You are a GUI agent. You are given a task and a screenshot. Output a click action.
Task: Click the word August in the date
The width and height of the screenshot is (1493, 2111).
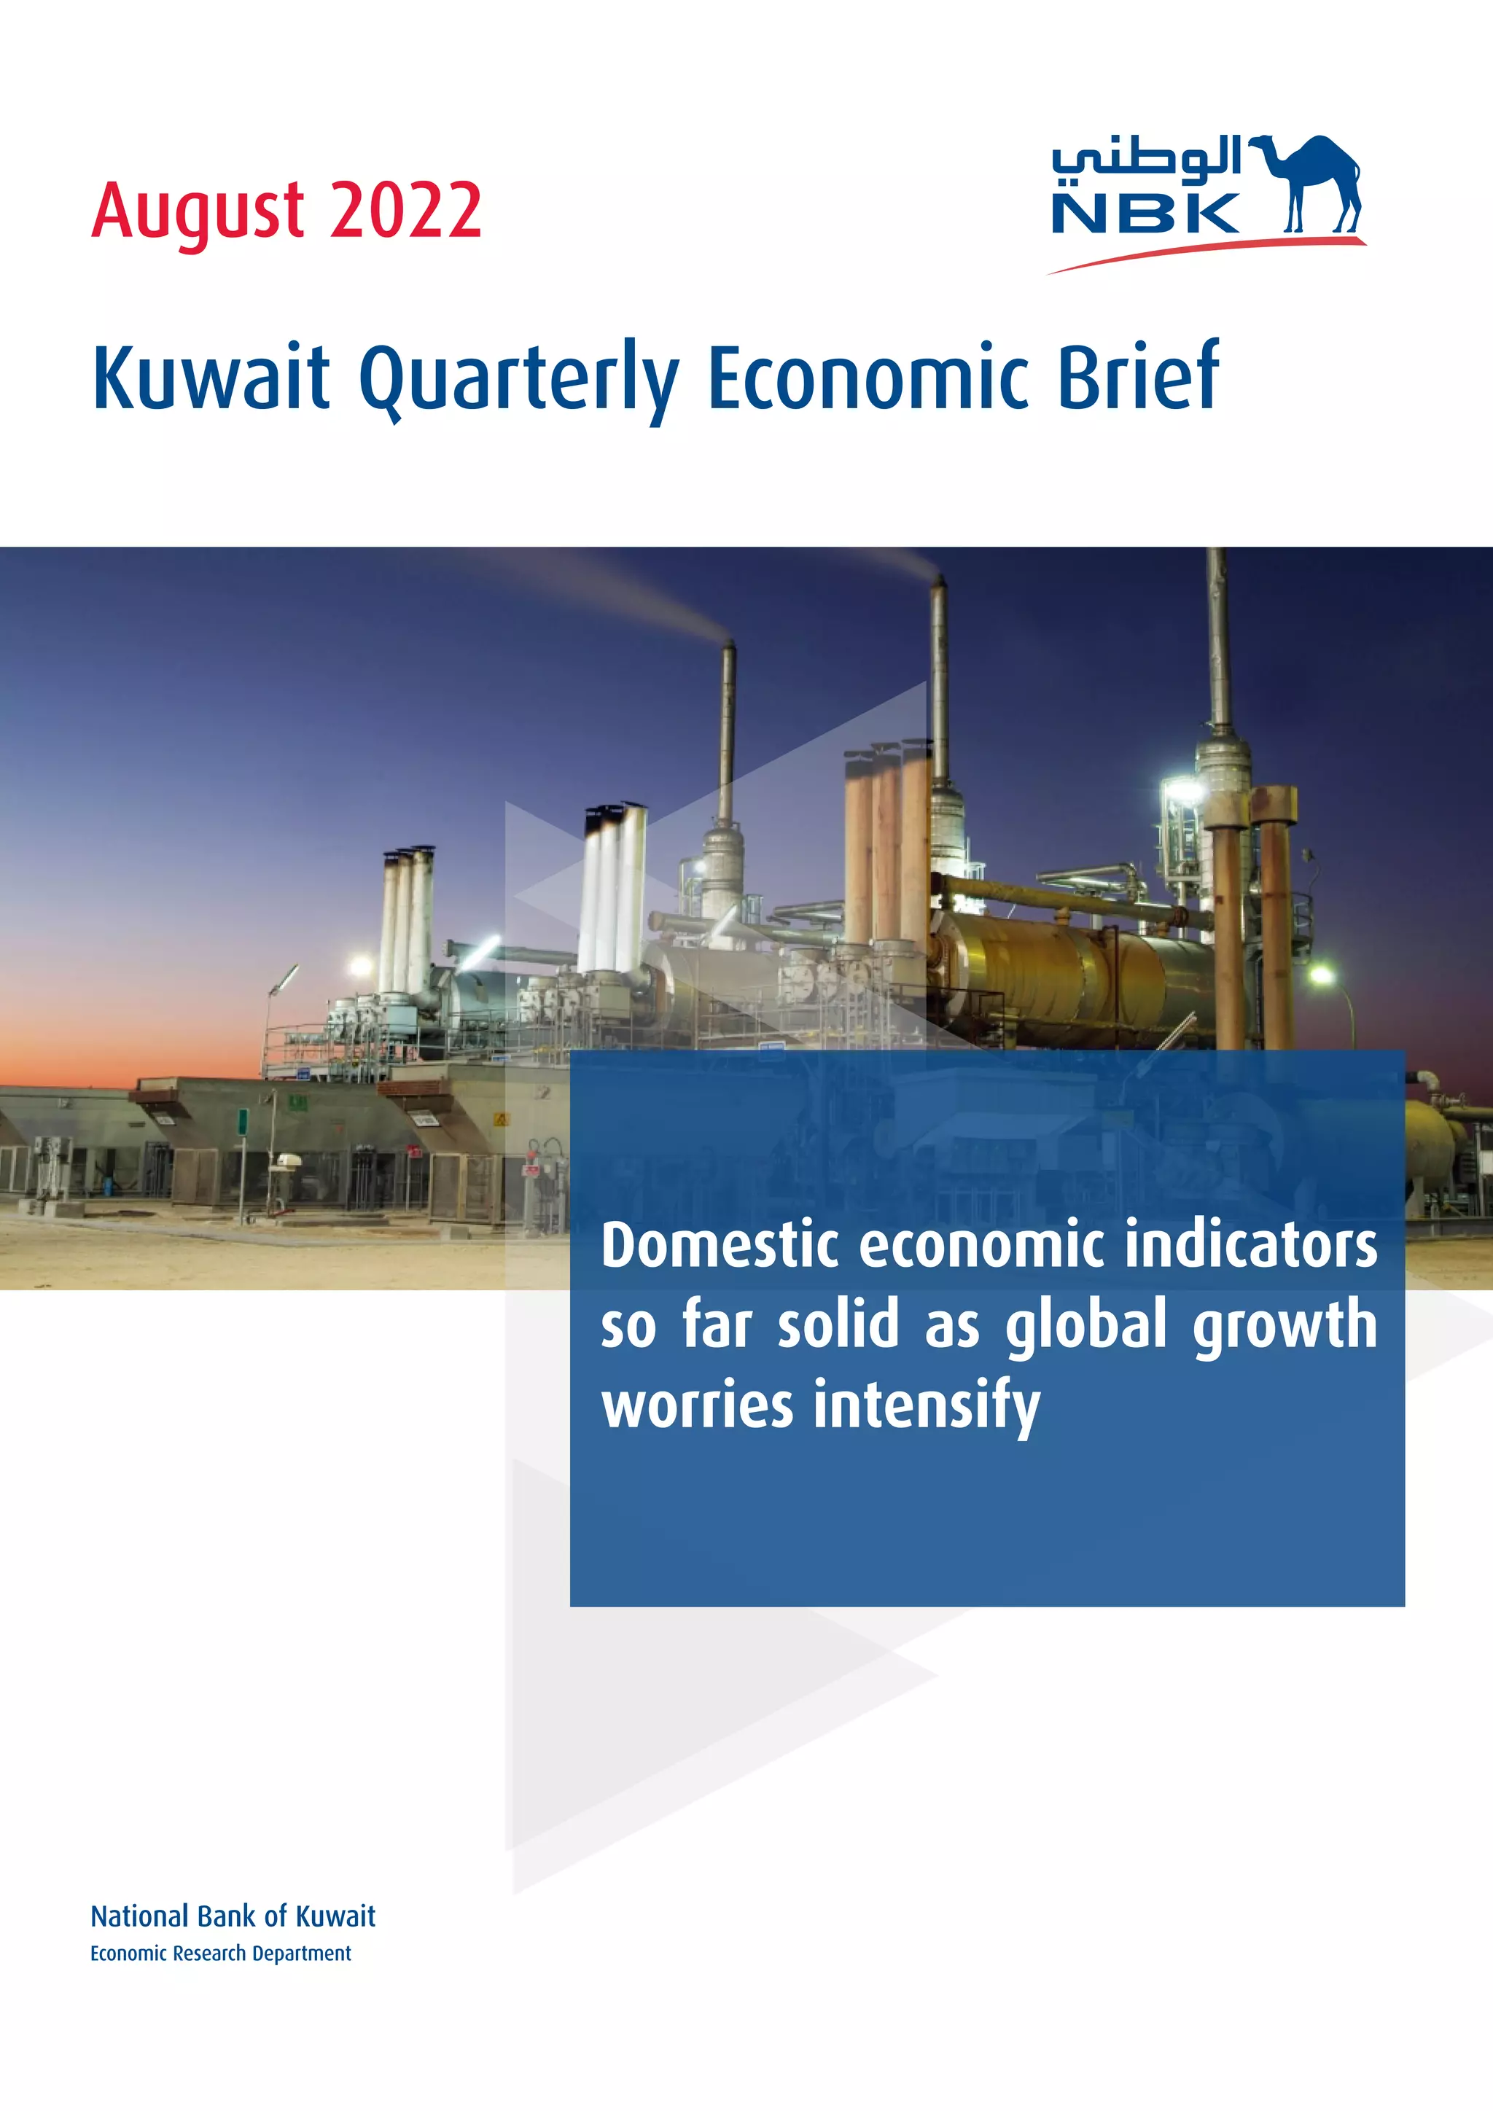pyautogui.click(x=198, y=212)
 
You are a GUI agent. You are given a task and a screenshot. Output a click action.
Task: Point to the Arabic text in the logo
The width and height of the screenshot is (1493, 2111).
pyautogui.click(x=1147, y=157)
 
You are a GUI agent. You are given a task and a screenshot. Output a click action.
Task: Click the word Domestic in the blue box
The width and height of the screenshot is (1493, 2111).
pyautogui.click(x=719, y=1245)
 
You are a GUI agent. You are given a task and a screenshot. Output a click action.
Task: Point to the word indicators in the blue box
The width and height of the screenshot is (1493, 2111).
pyautogui.click(x=1250, y=1245)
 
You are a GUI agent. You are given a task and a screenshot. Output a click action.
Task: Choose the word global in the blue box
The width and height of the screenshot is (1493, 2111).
pyautogui.click(x=1085, y=1327)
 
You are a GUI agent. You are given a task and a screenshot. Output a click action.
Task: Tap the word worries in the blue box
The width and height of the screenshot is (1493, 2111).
pyautogui.click(x=696, y=1406)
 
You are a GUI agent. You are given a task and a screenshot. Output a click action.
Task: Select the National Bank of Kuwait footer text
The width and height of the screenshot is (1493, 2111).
pyautogui.click(x=233, y=1916)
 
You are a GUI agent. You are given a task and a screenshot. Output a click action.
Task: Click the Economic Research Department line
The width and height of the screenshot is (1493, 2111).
pyautogui.click(x=221, y=1954)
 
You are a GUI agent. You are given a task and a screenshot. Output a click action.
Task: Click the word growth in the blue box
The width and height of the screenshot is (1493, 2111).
pyautogui.click(x=1285, y=1327)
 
